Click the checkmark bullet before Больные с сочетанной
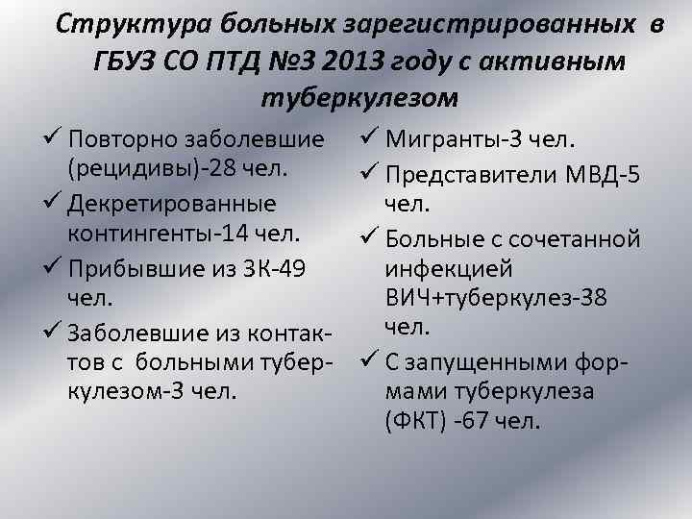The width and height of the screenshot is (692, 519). click(370, 235)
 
